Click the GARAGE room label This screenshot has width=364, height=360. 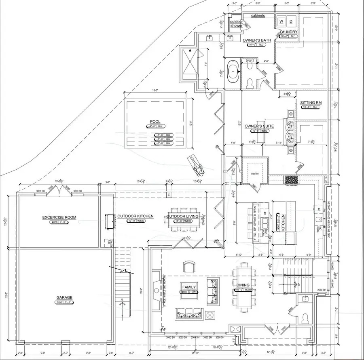64,297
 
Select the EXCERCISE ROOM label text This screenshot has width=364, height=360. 59,217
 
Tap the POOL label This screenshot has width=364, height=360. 155,121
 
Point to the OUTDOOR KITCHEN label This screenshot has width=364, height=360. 135,216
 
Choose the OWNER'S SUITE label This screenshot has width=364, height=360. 257,126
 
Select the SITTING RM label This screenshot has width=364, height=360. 310,103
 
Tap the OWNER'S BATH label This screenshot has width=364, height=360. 257,40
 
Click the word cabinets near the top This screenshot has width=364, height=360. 258,15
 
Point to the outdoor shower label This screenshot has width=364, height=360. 237,23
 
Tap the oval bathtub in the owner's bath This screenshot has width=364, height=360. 233,72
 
